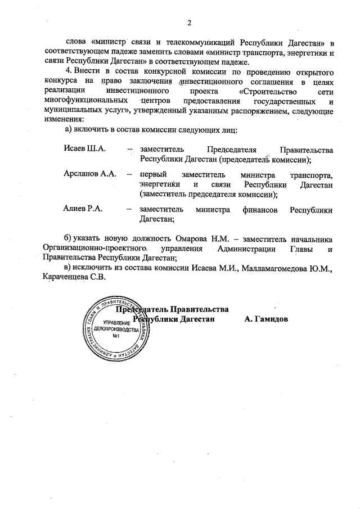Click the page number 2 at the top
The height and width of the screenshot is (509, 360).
pyautogui.click(x=190, y=22)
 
